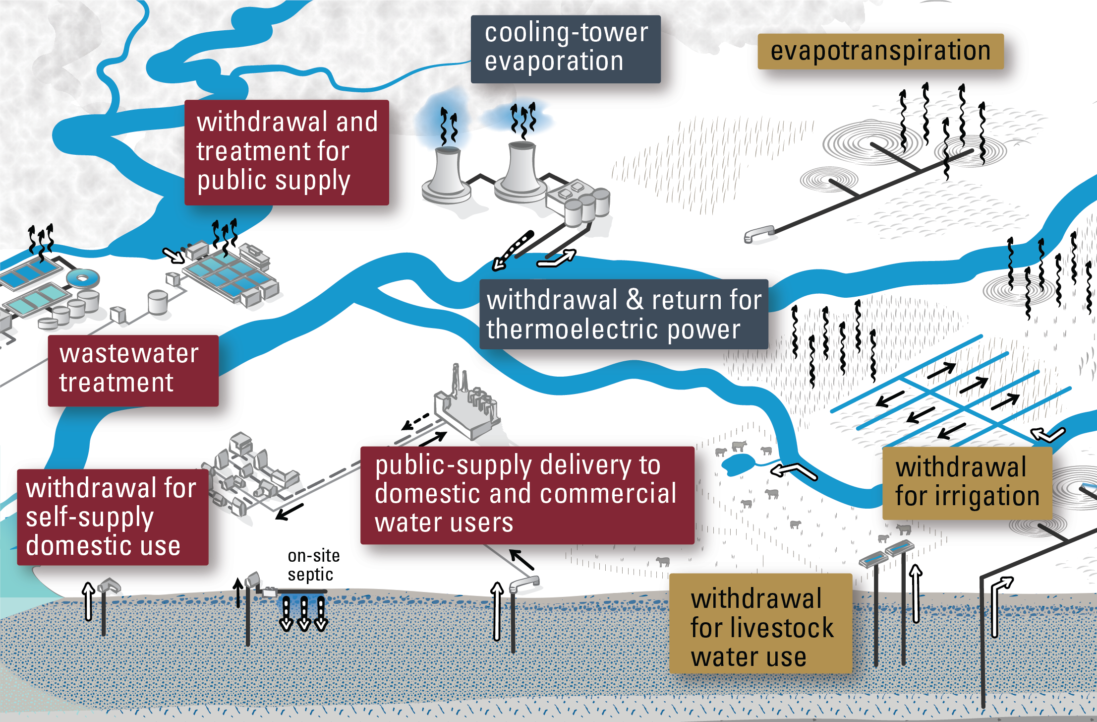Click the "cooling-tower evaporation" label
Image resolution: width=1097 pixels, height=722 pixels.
tap(565, 49)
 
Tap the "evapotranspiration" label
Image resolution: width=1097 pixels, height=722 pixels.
tap(880, 51)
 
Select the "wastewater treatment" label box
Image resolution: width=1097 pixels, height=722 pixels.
tap(133, 370)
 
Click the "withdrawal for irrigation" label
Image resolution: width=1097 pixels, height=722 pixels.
tap(967, 483)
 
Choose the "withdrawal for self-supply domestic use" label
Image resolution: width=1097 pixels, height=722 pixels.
tap(113, 517)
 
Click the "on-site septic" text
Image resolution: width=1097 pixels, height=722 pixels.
tap(313, 565)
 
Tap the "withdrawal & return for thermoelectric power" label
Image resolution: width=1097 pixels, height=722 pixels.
tap(624, 314)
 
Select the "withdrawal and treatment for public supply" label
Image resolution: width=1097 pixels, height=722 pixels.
tap(287, 152)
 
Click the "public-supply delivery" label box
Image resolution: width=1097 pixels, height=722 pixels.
tap(527, 495)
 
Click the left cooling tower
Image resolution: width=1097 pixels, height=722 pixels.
tap(446, 174)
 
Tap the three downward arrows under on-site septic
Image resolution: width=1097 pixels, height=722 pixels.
tap(303, 613)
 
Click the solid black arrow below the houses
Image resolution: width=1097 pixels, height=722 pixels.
tap(289, 512)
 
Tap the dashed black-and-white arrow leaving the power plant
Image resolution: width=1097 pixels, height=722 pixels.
tap(513, 251)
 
